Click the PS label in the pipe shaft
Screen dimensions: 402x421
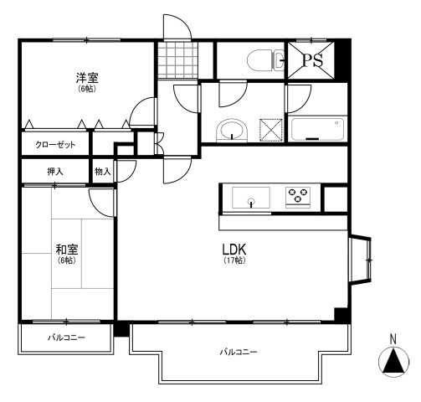tap(313, 59)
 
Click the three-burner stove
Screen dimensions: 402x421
tap(297, 197)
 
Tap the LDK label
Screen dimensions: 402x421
tap(234, 249)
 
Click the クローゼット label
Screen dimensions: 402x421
tap(55, 144)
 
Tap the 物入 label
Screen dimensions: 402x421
tap(103, 171)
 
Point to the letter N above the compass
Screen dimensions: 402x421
tap(392, 339)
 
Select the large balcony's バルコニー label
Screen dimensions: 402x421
tap(239, 352)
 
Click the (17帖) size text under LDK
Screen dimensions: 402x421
tap(234, 262)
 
